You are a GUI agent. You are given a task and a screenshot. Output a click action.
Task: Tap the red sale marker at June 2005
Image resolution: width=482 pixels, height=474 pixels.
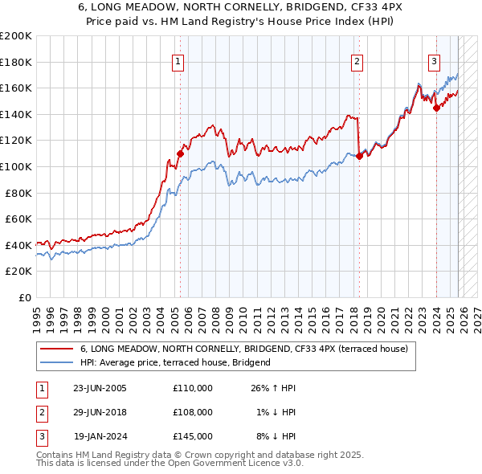(180, 153)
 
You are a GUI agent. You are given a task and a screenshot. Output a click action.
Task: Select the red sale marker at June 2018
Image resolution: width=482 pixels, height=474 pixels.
(359, 156)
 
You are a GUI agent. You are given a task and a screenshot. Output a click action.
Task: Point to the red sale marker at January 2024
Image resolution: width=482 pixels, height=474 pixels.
(436, 108)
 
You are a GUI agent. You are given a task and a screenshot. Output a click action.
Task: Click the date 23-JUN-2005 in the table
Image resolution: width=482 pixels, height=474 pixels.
(100, 388)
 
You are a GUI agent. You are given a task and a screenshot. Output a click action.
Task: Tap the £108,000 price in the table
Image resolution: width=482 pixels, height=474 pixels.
(192, 412)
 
